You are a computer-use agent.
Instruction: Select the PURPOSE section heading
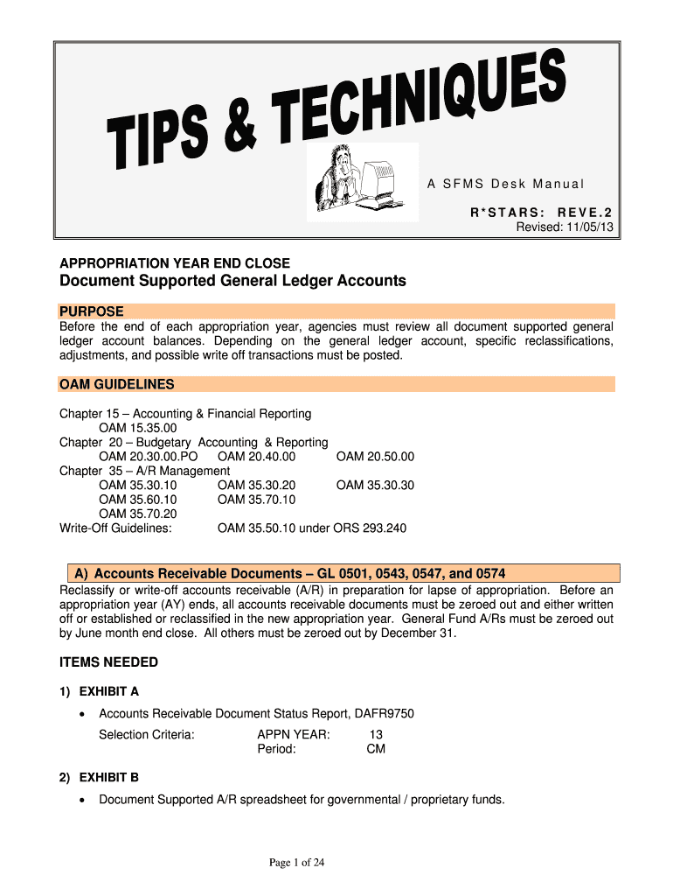(91, 311)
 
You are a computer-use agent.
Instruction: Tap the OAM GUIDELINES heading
(116, 384)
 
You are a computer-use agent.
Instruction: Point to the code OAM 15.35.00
(138, 428)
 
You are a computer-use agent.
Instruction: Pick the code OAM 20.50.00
(375, 457)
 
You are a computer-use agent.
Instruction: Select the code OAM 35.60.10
(138, 500)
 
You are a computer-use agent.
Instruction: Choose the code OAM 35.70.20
(138, 514)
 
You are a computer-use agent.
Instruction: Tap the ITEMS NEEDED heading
(108, 662)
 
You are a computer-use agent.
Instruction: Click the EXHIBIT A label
(109, 691)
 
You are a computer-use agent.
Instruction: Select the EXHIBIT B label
(109, 777)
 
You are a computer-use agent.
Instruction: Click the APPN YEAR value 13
(377, 735)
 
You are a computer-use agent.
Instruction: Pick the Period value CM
(376, 749)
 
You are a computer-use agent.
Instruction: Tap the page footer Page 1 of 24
(297, 864)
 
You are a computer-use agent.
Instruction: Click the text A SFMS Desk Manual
(505, 184)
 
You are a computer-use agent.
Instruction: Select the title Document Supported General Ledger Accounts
(232, 281)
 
